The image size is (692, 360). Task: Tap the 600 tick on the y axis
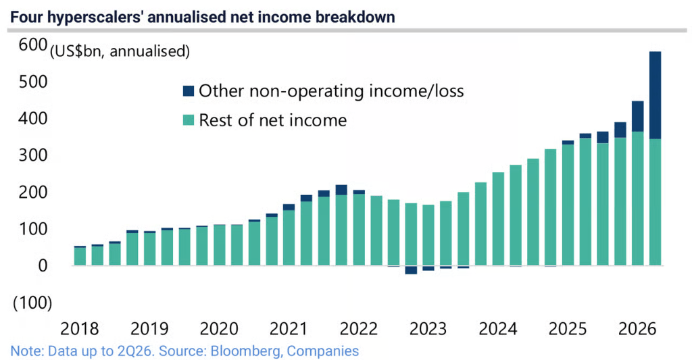32,45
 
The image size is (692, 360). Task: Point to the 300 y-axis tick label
32,155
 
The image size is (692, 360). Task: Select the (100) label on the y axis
32,303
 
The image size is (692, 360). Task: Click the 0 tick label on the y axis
43,265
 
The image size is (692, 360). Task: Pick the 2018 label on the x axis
80,329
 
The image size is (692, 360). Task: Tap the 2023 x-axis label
428,329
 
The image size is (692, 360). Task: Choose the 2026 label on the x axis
637,329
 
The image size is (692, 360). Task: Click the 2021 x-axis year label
288,329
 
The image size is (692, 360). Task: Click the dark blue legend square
189,91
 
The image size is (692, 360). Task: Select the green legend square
189,120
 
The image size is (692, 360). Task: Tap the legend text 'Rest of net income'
273,120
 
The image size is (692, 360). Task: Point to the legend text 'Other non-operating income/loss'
331,91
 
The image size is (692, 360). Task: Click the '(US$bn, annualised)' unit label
120,51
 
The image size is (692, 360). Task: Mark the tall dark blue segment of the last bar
655,95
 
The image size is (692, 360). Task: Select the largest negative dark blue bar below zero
411,270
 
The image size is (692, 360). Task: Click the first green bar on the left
80,257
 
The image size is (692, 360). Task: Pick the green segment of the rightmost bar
655,203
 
